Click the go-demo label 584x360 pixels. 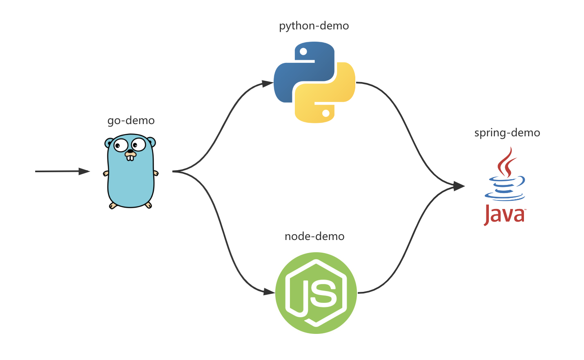pos(131,120)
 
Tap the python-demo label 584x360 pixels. pos(314,26)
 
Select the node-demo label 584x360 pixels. pos(314,236)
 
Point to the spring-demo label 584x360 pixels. pos(507,133)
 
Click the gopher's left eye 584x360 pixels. pos(120,145)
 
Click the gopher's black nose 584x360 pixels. pos(130,151)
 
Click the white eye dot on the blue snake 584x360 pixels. pos(303,51)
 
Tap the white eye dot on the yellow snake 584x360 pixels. pos(325,113)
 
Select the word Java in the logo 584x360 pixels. pos(504,215)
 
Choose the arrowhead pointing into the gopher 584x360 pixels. pos(84,171)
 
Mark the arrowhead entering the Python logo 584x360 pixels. pos(267,84)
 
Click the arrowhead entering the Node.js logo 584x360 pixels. pos(269,292)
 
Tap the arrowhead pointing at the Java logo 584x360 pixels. pos(459,186)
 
